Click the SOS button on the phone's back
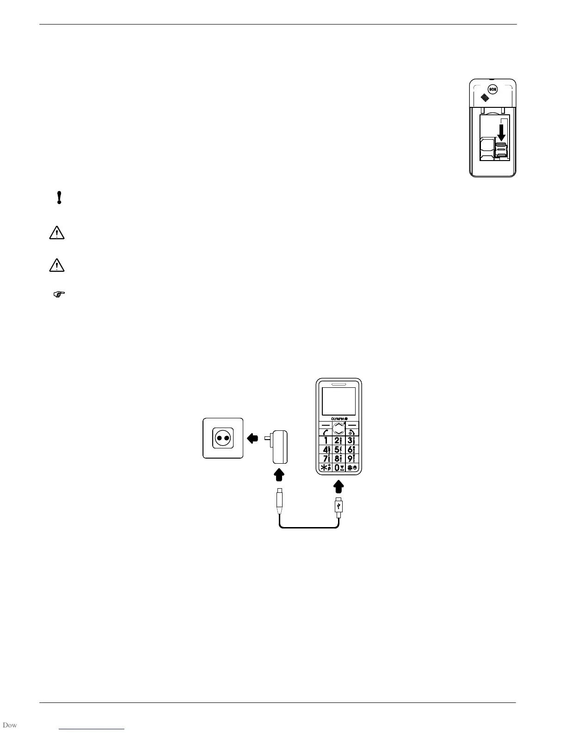(492, 89)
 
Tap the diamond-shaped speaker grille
(485, 98)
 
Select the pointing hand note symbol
(60, 294)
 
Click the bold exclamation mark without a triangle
(59, 198)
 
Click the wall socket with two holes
(223, 438)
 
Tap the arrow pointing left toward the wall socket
(252, 438)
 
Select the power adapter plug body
(280, 447)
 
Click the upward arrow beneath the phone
(339, 487)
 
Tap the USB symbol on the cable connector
(339, 507)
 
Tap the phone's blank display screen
(338, 401)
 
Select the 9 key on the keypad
(352, 459)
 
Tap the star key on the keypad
(326, 467)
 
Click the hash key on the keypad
(352, 467)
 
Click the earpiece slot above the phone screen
(338, 384)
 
